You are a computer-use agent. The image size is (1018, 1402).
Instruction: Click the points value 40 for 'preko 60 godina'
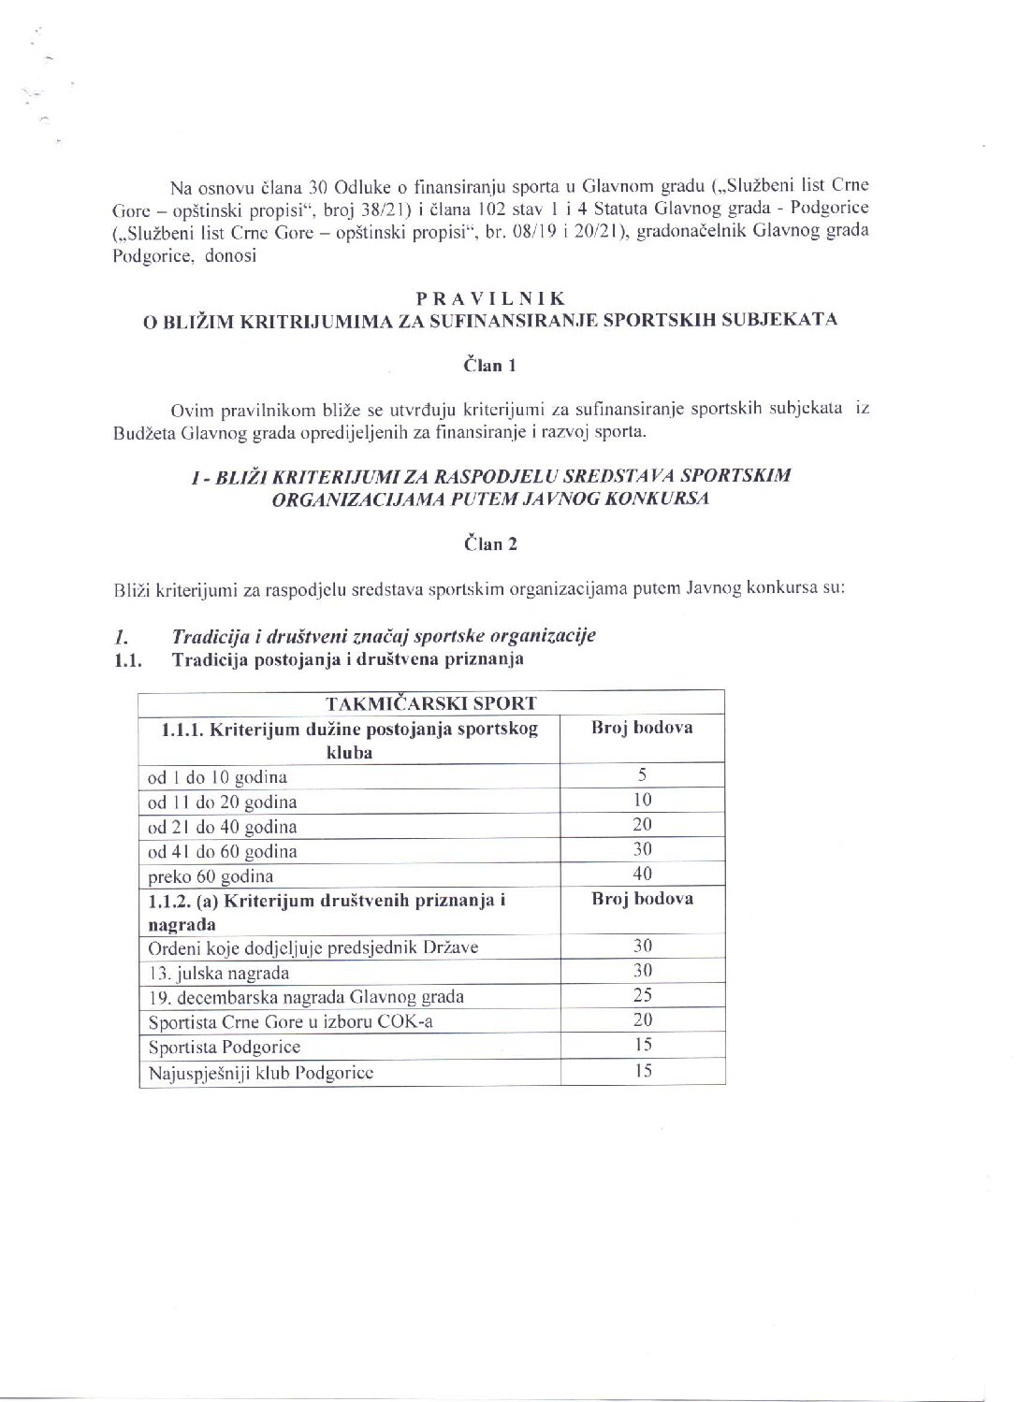(642, 874)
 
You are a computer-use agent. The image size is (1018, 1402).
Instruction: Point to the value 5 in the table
(642, 774)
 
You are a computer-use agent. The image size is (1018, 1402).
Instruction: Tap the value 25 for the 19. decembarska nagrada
(642, 994)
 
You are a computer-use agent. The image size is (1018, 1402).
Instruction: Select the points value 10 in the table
(642, 800)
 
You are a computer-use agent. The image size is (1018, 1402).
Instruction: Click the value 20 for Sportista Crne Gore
(642, 1019)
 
